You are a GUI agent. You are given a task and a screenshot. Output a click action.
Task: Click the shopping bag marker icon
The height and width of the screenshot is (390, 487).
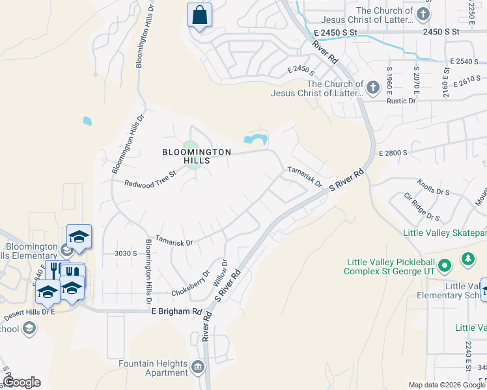click(199, 15)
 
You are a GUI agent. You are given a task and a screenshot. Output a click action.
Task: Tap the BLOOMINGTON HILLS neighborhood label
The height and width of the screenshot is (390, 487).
click(197, 157)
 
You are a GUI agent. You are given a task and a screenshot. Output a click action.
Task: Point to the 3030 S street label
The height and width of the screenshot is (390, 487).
click(126, 253)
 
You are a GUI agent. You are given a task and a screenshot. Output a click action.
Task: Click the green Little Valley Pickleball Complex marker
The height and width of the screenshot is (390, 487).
click(445, 265)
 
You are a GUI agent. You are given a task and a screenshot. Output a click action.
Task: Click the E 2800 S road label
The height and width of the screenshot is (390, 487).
click(393, 153)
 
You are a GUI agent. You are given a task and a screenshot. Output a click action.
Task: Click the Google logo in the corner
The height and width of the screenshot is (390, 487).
click(21, 382)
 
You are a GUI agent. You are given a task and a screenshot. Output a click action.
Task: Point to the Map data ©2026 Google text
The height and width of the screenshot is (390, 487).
click(446, 385)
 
